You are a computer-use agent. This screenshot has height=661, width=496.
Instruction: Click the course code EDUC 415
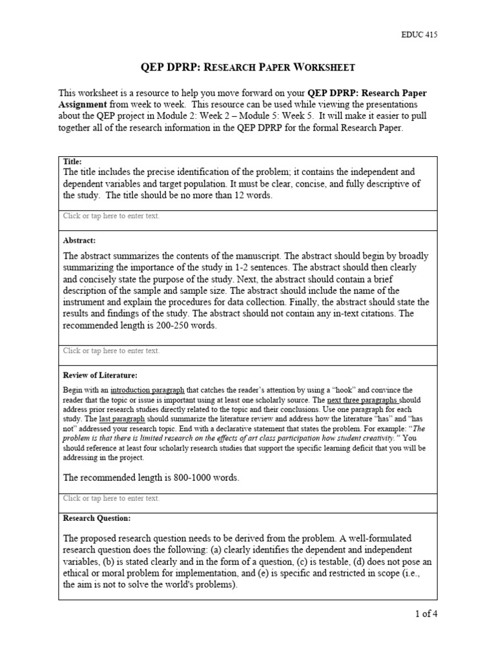(x=419, y=35)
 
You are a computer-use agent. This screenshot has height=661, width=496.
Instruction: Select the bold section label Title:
(x=72, y=161)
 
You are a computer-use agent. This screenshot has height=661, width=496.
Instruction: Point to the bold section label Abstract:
(x=79, y=240)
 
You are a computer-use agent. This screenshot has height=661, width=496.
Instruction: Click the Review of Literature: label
(x=100, y=374)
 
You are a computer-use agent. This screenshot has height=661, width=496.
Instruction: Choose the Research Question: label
(x=96, y=518)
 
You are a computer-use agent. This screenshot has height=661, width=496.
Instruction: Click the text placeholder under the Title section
(x=111, y=216)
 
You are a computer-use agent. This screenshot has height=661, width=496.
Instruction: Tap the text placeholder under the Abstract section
(x=111, y=351)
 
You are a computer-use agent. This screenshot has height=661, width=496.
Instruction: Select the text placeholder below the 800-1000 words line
(x=111, y=498)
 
